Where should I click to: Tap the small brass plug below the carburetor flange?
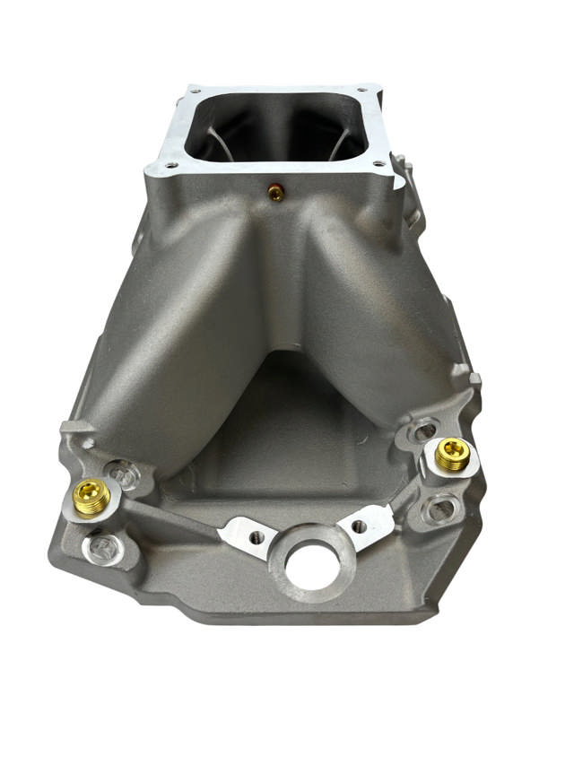(x=277, y=191)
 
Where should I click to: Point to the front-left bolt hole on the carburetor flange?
(x=171, y=166)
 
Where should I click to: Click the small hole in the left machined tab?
(x=257, y=536)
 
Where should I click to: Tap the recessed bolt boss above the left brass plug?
(x=123, y=473)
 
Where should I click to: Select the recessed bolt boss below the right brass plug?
(x=439, y=509)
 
